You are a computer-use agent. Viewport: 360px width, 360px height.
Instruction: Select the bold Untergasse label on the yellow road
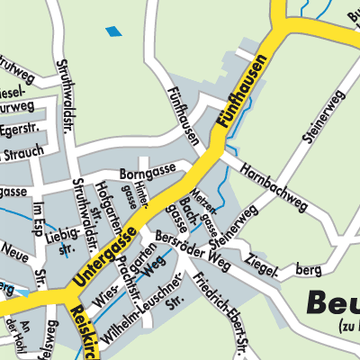100,258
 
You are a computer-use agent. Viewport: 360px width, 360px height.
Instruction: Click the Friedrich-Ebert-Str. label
221,319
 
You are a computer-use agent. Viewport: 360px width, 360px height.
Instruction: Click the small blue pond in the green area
113,32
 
